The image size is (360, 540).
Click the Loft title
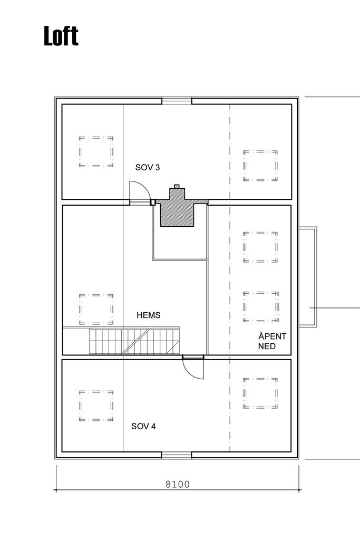[x=61, y=36]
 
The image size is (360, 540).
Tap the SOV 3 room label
[x=148, y=168]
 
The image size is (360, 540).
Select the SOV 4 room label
[x=143, y=426]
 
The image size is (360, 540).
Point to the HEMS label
[x=148, y=315]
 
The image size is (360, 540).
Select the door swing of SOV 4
[x=193, y=368]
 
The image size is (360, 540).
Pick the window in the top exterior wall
[x=177, y=101]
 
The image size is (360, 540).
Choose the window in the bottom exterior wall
[x=177, y=455]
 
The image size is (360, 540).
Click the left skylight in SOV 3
[x=96, y=152]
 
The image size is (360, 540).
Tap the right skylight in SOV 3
[x=260, y=166]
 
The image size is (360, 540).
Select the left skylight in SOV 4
[x=96, y=406]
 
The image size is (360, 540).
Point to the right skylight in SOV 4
[x=260, y=393]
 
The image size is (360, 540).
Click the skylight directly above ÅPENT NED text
[x=260, y=306]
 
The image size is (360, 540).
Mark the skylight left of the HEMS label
[x=96, y=310]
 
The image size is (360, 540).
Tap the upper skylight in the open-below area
[x=260, y=246]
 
